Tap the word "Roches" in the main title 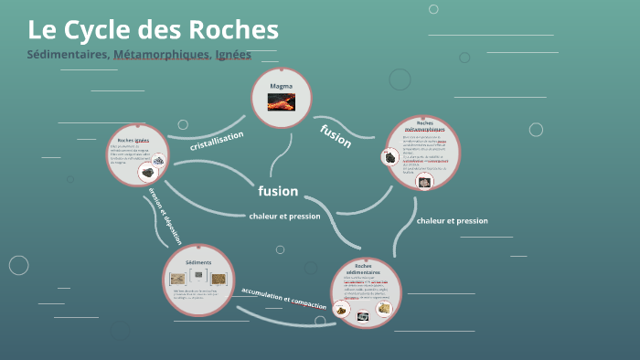[x=230, y=29]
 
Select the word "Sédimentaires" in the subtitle [x=68, y=55]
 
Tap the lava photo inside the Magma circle [x=281, y=102]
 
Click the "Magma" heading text [x=281, y=86]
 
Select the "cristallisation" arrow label [x=217, y=141]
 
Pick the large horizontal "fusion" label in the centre [x=278, y=191]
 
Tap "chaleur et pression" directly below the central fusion [x=284, y=216]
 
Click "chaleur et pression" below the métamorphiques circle [x=452, y=220]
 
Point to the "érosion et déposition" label [x=165, y=216]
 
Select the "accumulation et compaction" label [x=283, y=299]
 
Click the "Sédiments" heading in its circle [x=198, y=262]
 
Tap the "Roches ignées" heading [x=133, y=140]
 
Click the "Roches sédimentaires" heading [x=367, y=269]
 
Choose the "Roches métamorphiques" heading [x=424, y=126]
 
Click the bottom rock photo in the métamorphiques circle [x=424, y=181]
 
